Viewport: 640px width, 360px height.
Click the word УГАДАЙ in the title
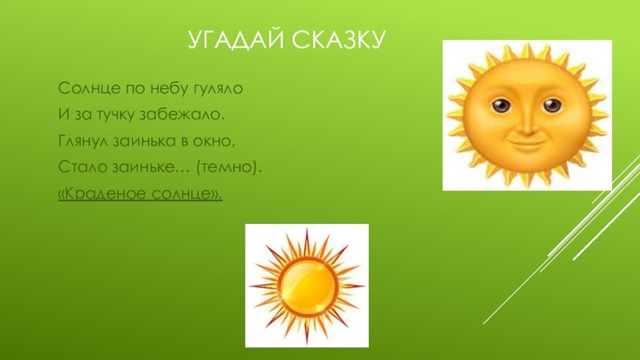235,39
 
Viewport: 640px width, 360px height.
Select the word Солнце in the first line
89,88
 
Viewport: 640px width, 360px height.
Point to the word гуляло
217,89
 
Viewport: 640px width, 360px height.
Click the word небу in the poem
167,88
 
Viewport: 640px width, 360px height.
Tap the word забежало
182,114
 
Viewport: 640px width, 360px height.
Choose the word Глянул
84,142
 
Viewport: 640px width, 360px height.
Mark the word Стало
83,167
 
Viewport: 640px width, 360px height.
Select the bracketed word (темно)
229,167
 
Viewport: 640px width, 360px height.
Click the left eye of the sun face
501,105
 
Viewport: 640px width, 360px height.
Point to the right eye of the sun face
552,105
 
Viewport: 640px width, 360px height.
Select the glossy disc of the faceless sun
307,286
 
